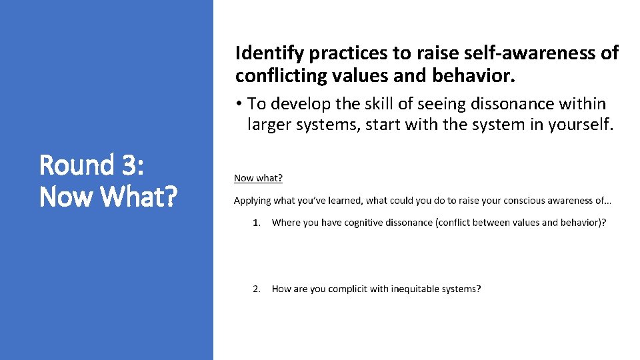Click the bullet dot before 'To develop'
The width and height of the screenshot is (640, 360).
pos(239,105)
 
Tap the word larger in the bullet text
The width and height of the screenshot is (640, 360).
pos(270,124)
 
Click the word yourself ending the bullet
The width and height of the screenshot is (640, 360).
pos(580,124)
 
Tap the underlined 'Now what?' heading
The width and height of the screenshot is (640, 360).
pos(258,178)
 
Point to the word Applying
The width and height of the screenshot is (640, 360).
pos(251,201)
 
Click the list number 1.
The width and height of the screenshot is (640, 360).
pos(256,223)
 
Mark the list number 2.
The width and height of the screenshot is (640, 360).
pos(256,289)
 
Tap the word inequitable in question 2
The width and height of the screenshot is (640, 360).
pos(414,289)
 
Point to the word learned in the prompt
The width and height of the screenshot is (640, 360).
pos(343,201)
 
